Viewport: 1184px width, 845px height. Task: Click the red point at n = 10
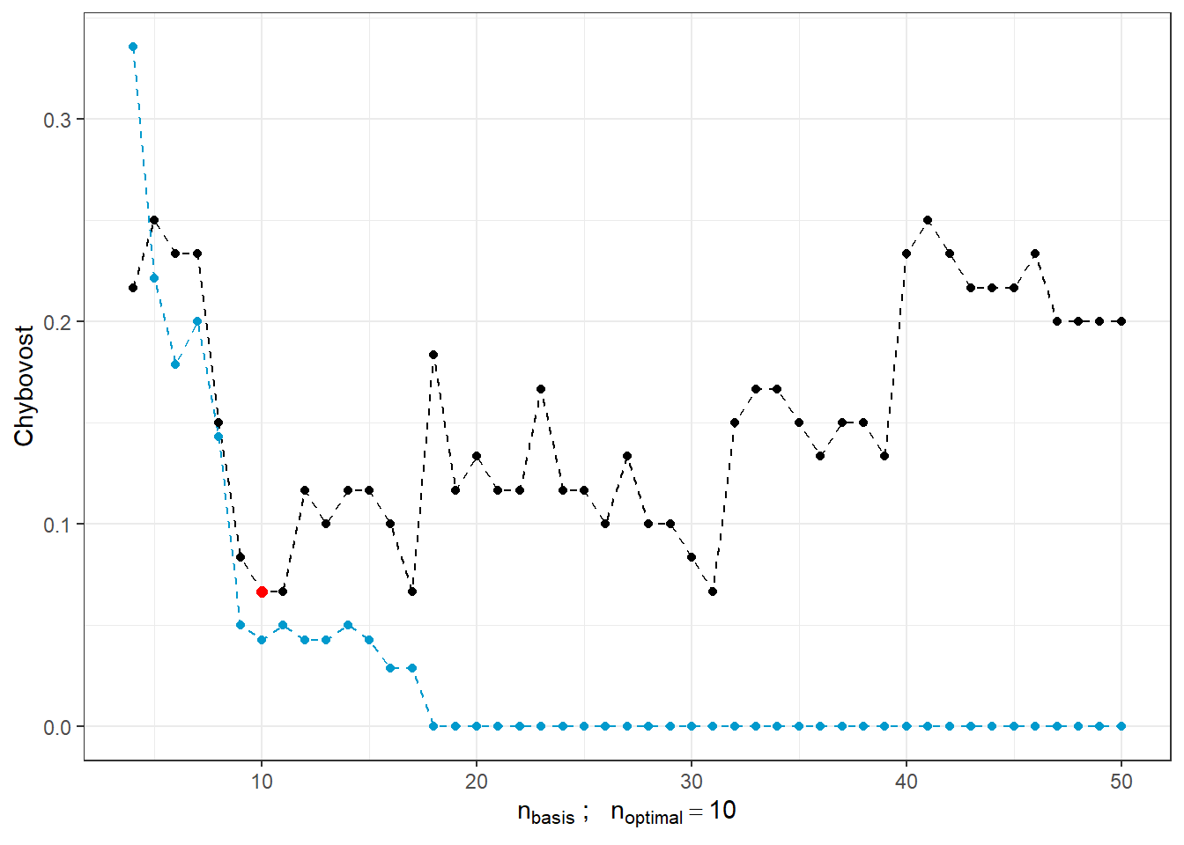(262, 591)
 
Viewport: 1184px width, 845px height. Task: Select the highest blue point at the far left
(133, 48)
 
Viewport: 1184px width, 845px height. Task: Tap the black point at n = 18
(433, 355)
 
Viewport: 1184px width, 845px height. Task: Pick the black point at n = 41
(928, 220)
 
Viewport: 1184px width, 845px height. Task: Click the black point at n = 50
(1121, 321)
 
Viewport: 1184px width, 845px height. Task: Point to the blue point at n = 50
(1121, 726)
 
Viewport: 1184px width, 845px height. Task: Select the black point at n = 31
(713, 591)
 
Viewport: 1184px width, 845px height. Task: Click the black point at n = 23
(541, 389)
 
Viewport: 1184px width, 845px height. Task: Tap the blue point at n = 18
(433, 726)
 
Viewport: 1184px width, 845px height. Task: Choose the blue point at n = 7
(197, 321)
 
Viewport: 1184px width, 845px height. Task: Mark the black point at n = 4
(133, 288)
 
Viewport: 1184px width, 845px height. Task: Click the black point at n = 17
(412, 591)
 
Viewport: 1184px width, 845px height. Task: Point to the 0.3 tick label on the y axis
(56, 120)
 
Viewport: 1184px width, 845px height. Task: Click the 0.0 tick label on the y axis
(56, 727)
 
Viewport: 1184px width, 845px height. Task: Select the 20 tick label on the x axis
(477, 783)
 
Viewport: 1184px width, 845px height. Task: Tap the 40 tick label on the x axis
(906, 783)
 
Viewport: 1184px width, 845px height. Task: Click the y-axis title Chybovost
(24, 386)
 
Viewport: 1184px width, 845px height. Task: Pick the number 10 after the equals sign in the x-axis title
(722, 811)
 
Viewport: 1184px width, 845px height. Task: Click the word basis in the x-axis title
(552, 818)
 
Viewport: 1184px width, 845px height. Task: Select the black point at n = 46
(1035, 253)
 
